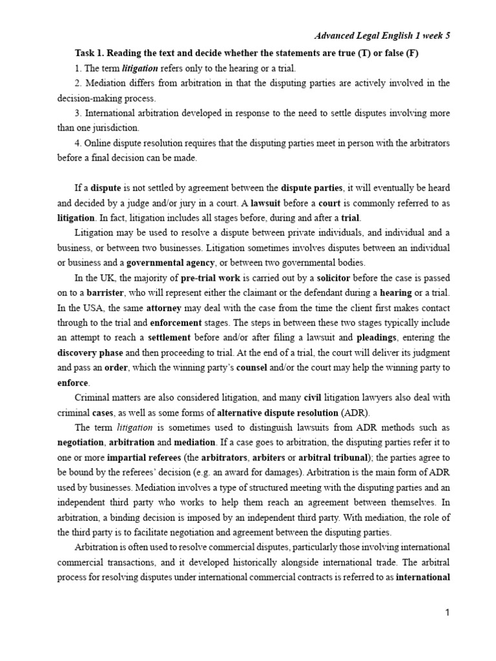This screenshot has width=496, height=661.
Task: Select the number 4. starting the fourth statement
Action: point(79,142)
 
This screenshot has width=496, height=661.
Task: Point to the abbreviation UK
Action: point(108,278)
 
